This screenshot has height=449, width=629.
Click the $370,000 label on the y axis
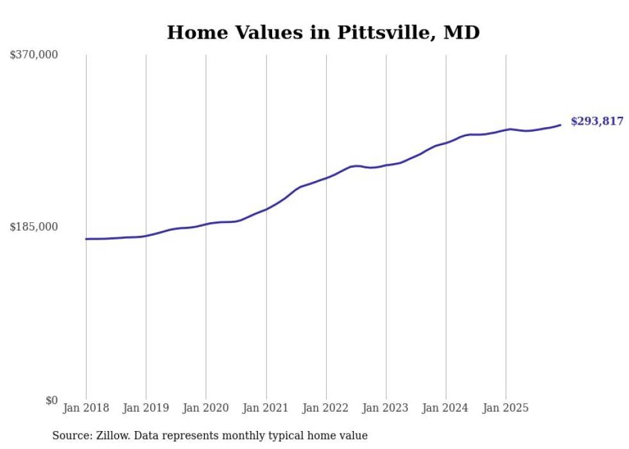(33, 55)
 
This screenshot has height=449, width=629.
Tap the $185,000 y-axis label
(33, 227)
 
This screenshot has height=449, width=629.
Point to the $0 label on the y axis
(51, 400)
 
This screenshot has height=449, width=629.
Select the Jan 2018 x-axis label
(86, 408)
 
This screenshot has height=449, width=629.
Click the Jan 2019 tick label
(146, 408)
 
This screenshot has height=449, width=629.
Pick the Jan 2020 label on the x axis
(206, 408)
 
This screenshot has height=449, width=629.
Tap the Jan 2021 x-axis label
(266, 408)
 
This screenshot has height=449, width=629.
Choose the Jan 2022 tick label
(326, 408)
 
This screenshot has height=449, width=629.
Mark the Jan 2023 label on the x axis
(386, 408)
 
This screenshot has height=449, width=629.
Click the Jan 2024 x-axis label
(445, 408)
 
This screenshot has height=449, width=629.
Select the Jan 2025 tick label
(506, 408)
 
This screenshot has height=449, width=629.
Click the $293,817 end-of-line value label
(596, 121)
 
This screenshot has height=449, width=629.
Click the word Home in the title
(191, 32)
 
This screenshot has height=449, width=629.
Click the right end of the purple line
(560, 125)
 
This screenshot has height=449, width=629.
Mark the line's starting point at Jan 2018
(86, 239)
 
